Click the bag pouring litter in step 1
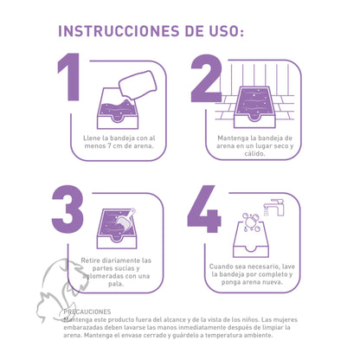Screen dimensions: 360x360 coord(134,85)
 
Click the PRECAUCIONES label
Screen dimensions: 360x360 coord(88,312)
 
